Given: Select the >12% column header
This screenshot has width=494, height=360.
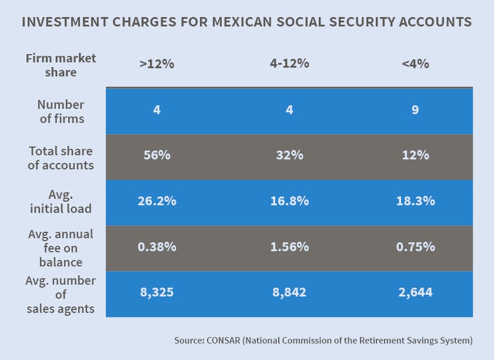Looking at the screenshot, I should pos(157,64).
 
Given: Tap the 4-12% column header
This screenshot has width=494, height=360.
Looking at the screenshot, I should pos(289,64).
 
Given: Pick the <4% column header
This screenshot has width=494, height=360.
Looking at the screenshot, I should pos(415,64).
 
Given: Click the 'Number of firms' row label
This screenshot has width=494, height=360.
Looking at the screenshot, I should pos(61,112).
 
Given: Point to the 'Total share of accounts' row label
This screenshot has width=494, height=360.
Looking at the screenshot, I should pos(61,158).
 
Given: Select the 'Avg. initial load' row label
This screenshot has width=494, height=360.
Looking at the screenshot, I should pos(61,202).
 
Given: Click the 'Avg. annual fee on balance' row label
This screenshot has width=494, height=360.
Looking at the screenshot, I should pos(61,248).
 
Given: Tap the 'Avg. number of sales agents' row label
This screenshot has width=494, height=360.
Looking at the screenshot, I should pos(61,294).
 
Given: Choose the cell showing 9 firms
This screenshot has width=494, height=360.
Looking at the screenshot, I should pos(415,110).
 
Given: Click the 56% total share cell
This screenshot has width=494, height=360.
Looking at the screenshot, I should pos(157,156).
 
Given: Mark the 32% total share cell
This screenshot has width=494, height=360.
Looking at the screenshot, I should pos(289,156).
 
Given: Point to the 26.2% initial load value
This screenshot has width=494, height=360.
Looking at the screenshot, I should pos(157,201).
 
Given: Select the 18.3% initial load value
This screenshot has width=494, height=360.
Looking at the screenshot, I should pos(415,201).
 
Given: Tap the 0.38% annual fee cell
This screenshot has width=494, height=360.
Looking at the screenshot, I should pos(157,247).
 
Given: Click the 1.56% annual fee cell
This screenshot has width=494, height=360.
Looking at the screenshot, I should pos(289,247).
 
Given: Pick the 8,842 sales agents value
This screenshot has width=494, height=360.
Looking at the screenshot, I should pos(289,292).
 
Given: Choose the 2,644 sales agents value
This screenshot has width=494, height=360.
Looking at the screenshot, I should pos(415,292).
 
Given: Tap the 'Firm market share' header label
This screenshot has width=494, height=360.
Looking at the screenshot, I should pos(61,65).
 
